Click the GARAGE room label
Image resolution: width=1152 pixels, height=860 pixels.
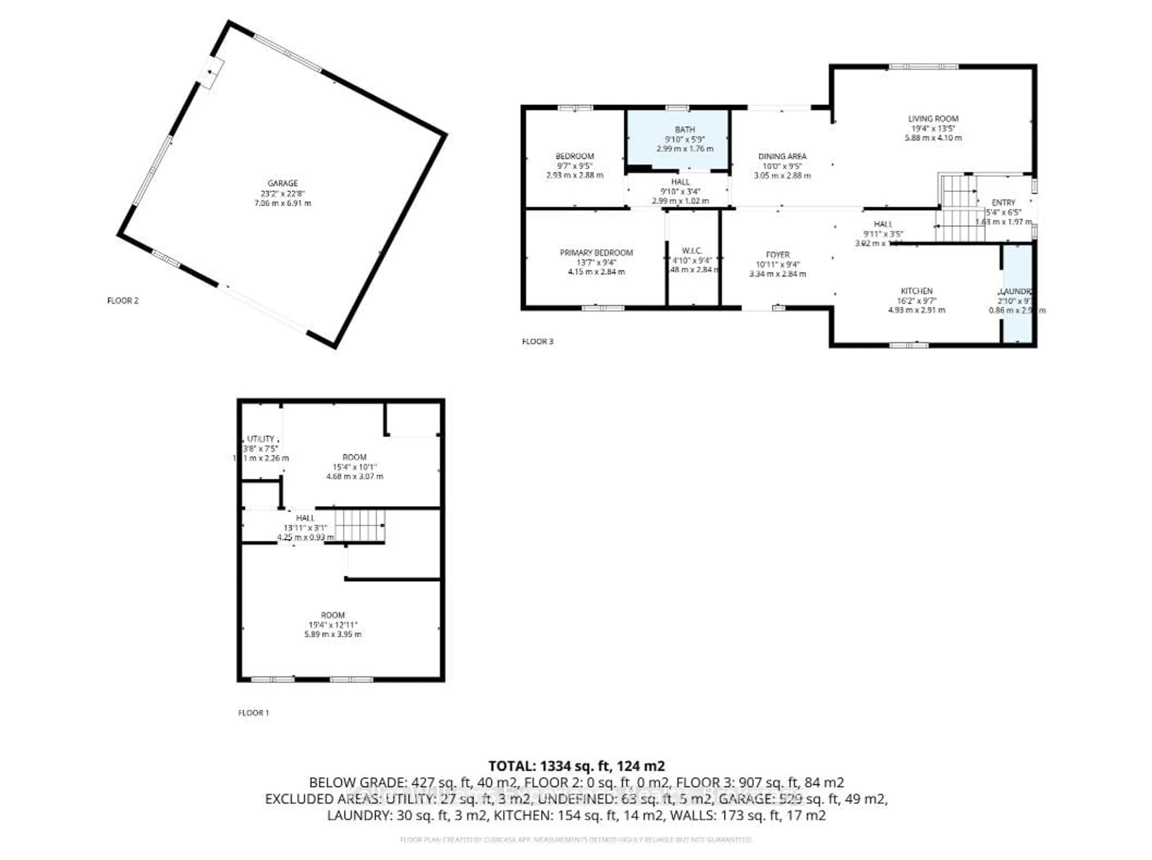pos(282,183)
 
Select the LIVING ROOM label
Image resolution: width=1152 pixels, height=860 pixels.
pos(933,119)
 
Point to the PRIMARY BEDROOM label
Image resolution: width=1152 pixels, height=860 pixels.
pos(596,253)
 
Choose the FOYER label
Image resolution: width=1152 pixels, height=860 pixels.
pos(778,255)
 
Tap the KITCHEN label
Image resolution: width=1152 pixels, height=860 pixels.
pos(916,291)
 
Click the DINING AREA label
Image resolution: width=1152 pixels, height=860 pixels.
pos(782,156)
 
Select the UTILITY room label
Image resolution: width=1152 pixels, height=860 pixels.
pos(260,439)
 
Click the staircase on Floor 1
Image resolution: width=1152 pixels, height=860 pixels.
pos(359,526)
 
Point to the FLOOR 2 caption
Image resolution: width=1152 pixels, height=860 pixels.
pos(123,300)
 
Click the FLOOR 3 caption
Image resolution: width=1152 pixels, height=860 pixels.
pos(537,341)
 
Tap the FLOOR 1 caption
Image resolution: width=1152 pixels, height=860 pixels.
pos(253,713)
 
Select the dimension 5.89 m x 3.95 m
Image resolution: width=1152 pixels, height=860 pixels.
pos(333,634)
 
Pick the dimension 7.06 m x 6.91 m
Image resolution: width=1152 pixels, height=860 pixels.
pos(282,203)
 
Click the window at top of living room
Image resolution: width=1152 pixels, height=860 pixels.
pos(923,67)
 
